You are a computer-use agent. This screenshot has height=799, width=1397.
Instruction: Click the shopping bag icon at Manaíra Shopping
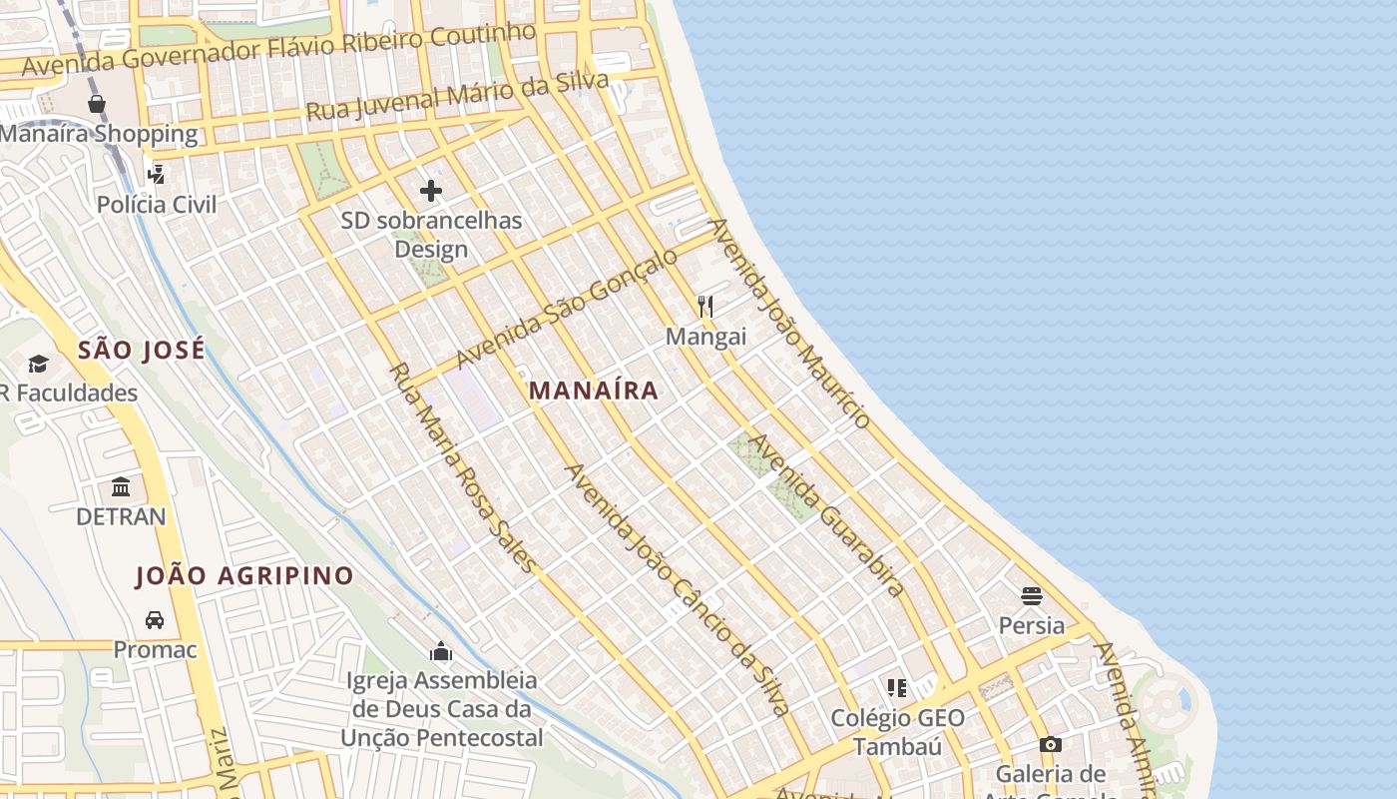pos(97,104)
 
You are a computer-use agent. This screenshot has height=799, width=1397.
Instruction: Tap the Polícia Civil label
pos(157,205)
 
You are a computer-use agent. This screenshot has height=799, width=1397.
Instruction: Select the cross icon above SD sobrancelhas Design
pos(431,191)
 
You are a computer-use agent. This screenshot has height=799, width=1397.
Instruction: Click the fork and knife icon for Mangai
pos(705,306)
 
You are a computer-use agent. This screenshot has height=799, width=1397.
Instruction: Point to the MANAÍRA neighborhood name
pos(594,391)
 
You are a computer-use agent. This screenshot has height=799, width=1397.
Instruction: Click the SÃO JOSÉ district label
pos(142,350)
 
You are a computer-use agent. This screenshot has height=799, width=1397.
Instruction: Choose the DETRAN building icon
pos(122,487)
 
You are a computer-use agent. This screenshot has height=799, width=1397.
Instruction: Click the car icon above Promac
pos(155,620)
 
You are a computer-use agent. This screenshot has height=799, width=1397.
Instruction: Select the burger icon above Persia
pos(1032,596)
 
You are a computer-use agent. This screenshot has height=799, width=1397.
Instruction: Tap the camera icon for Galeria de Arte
pos(1050,744)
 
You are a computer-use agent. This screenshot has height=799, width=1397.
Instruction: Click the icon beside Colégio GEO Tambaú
pos(897,687)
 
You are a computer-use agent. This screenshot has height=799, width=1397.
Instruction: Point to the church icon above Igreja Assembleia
pos(441,652)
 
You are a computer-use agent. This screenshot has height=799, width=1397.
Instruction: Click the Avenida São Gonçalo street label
pos(566,308)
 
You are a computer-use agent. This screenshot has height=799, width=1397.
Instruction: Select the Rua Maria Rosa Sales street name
pos(462,467)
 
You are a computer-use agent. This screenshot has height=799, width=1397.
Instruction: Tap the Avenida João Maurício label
pos(789,324)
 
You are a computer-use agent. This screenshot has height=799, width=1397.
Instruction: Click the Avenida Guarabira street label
pos(827,514)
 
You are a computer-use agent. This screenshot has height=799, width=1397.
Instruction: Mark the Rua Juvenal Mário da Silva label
pos(457,97)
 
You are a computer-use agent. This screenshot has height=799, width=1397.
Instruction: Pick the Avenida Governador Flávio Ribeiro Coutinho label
pos(279,48)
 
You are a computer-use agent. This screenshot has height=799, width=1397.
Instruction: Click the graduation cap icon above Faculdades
pos(38,364)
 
